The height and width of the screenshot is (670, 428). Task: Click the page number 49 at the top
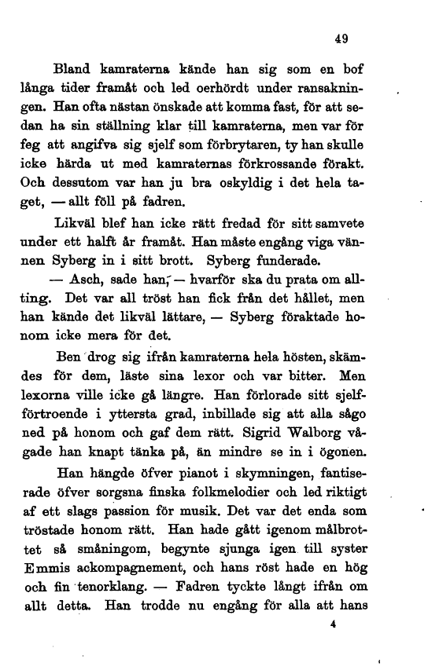pyautogui.click(x=341, y=38)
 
